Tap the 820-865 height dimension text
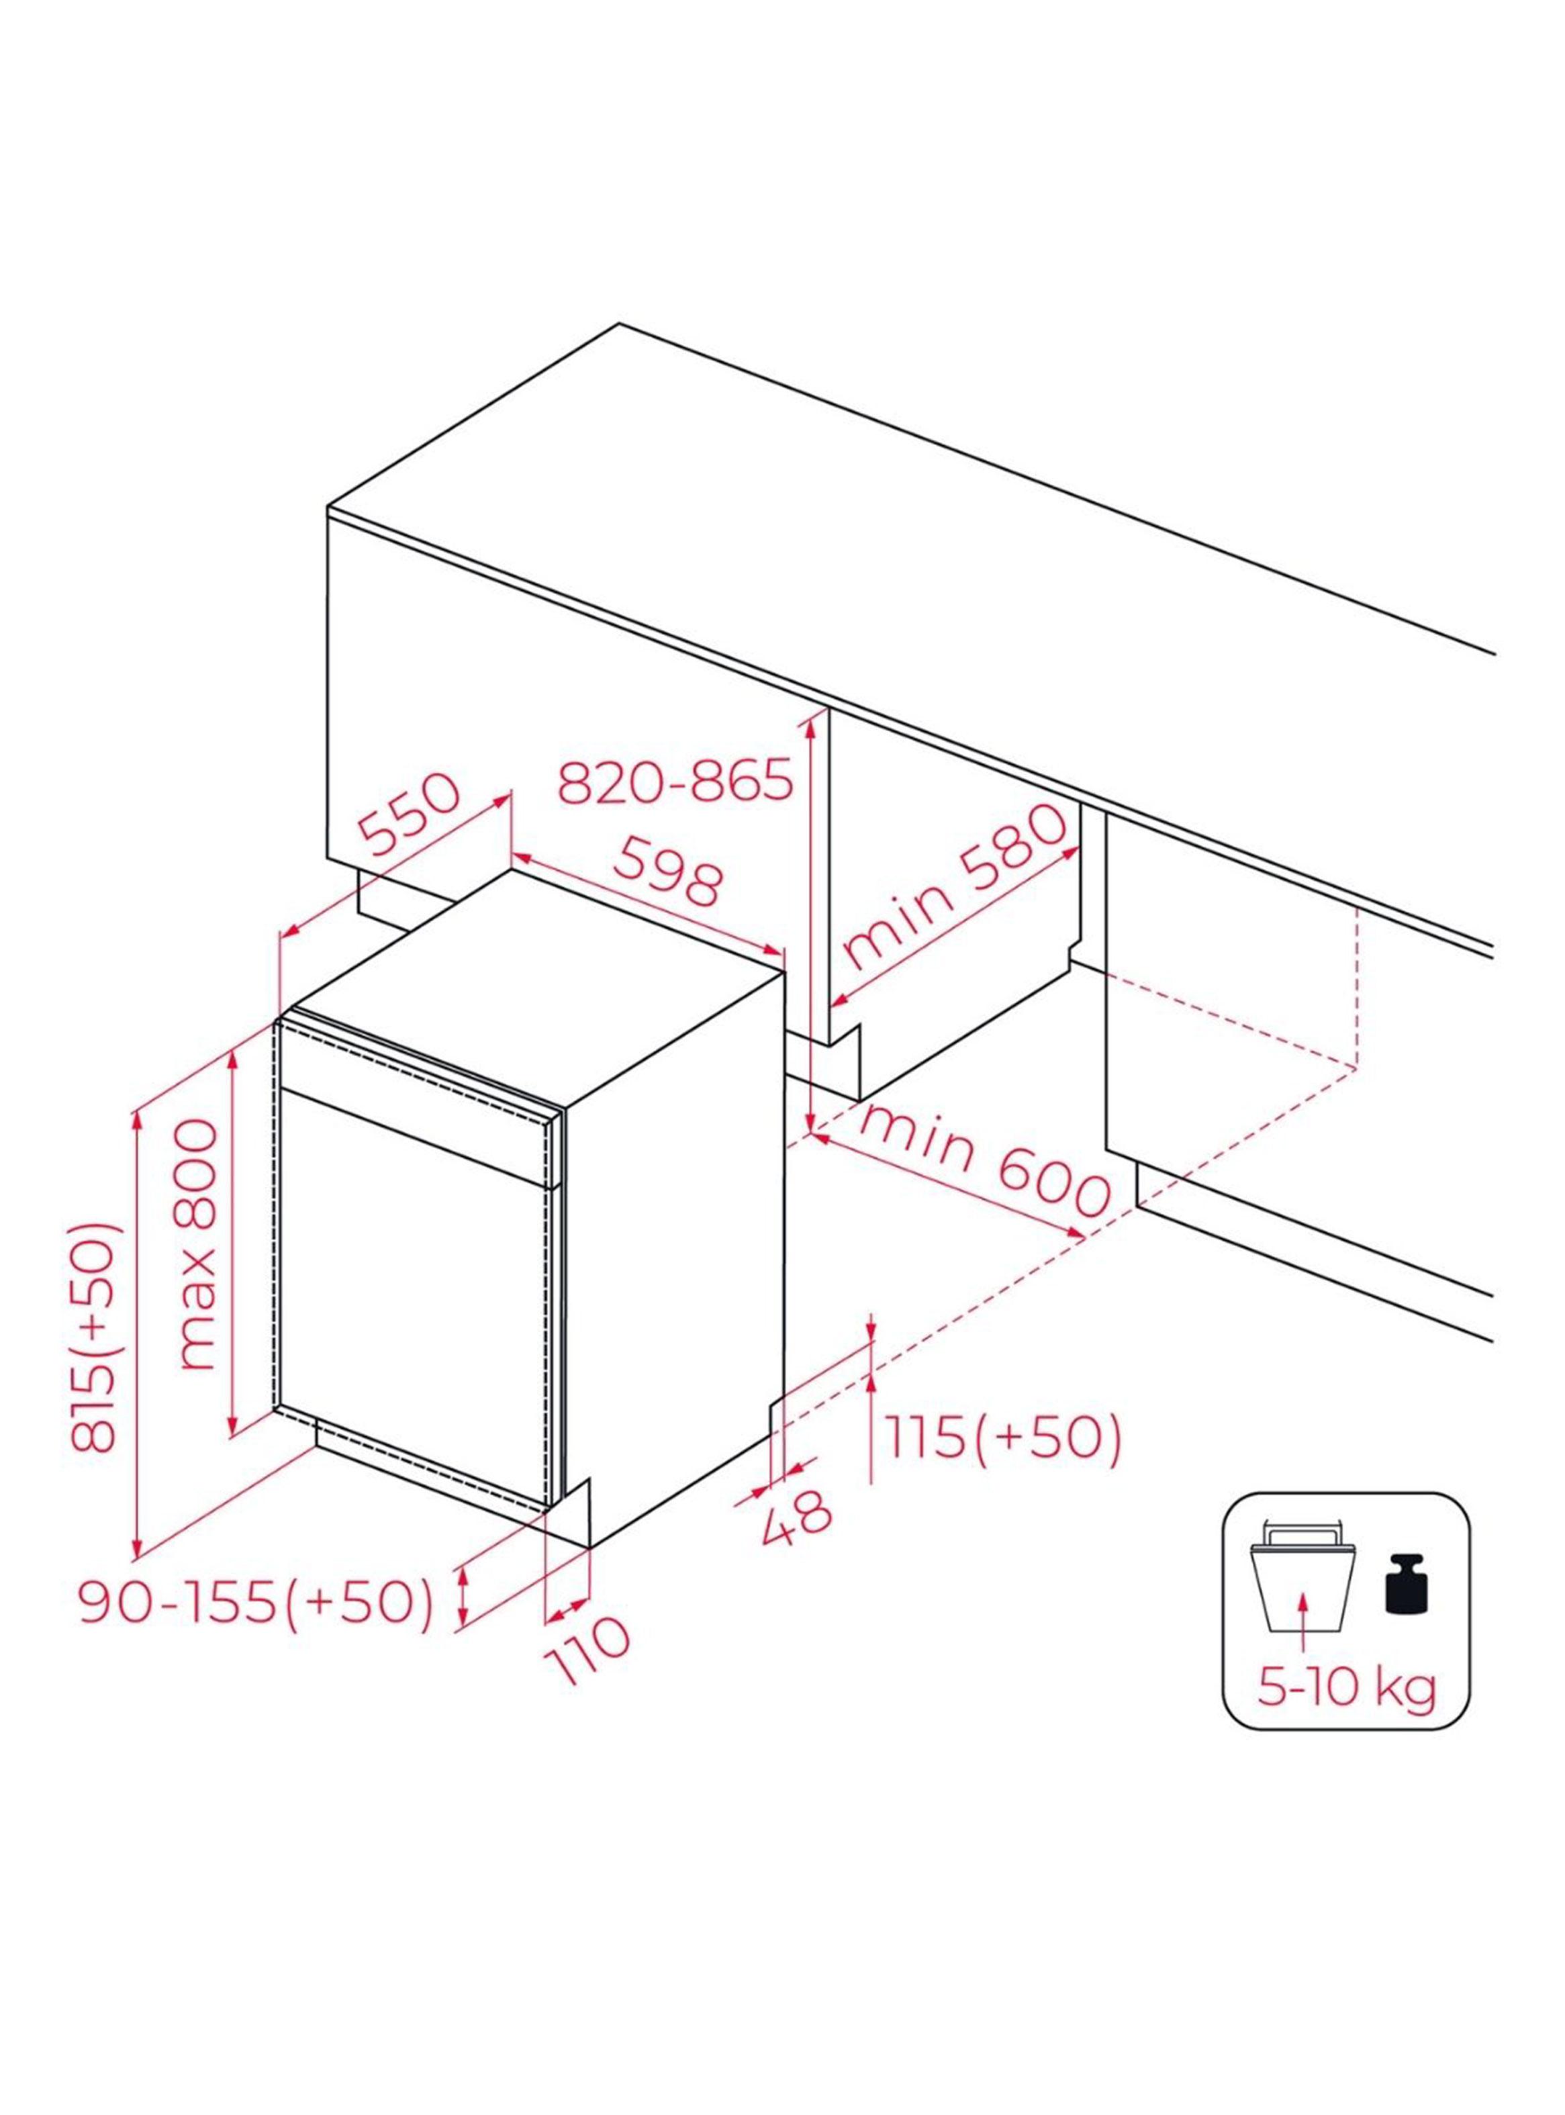(675, 782)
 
